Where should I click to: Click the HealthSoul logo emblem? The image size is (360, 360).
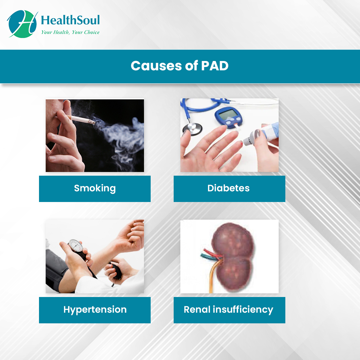[x=22, y=23]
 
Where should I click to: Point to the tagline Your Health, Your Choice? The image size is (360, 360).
[x=70, y=32]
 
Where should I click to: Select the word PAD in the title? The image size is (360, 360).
[x=215, y=66]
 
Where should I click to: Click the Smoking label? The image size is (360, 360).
[x=95, y=188]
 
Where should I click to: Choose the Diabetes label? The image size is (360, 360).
[x=229, y=188]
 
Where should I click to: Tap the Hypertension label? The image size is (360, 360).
[x=95, y=310]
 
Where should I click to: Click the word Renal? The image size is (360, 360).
[x=197, y=310]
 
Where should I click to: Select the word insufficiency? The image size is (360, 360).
[x=243, y=310]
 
